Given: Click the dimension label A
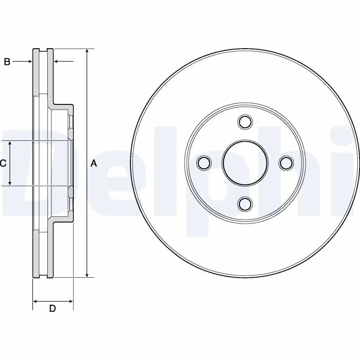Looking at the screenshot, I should coord(94,163).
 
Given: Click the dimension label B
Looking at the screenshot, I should coord(7,62).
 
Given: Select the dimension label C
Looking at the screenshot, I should coord(3,163).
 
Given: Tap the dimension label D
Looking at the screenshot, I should coord(52,309).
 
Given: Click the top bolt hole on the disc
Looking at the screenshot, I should coord(245,121).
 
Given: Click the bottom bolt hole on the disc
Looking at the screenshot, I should coord(245,204).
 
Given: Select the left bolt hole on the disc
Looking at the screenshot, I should coord(204,162).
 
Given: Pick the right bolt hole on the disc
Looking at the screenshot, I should coord(286,162).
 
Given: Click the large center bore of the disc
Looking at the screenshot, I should coord(245,162).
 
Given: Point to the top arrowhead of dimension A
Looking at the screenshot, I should coord(87,51).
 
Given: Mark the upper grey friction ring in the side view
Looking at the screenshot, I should coord(36,72).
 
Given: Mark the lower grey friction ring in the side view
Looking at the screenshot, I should coord(36,254).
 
